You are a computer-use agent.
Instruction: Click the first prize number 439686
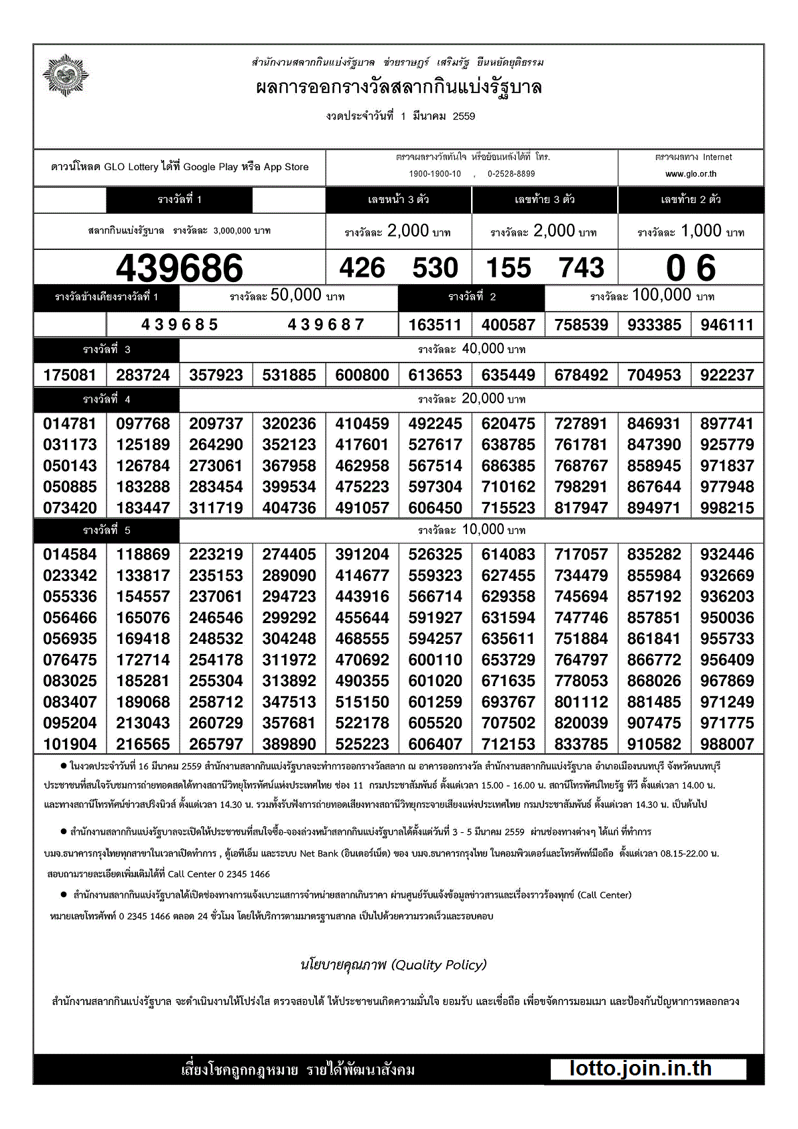[x=179, y=268]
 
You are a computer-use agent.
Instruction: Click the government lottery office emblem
[x=66, y=75]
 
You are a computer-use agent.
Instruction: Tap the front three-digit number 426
[x=362, y=268]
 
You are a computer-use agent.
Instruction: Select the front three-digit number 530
[x=435, y=268]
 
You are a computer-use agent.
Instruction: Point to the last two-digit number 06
[x=691, y=268]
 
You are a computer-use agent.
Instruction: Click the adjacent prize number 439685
[x=180, y=325]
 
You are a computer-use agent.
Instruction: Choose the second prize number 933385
[x=654, y=325]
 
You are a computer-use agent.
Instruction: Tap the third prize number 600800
[x=362, y=375]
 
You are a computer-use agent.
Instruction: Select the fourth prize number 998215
[x=727, y=508]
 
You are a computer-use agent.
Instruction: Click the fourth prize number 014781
[x=70, y=423]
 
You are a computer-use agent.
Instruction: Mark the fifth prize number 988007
[x=727, y=744]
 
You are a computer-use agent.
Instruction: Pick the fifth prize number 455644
[x=362, y=618]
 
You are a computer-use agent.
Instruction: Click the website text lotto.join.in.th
[x=641, y=1068]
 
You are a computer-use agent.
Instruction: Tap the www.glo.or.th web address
[x=691, y=174]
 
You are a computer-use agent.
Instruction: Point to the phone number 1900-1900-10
[x=435, y=174]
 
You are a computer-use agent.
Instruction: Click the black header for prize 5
[x=107, y=530]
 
